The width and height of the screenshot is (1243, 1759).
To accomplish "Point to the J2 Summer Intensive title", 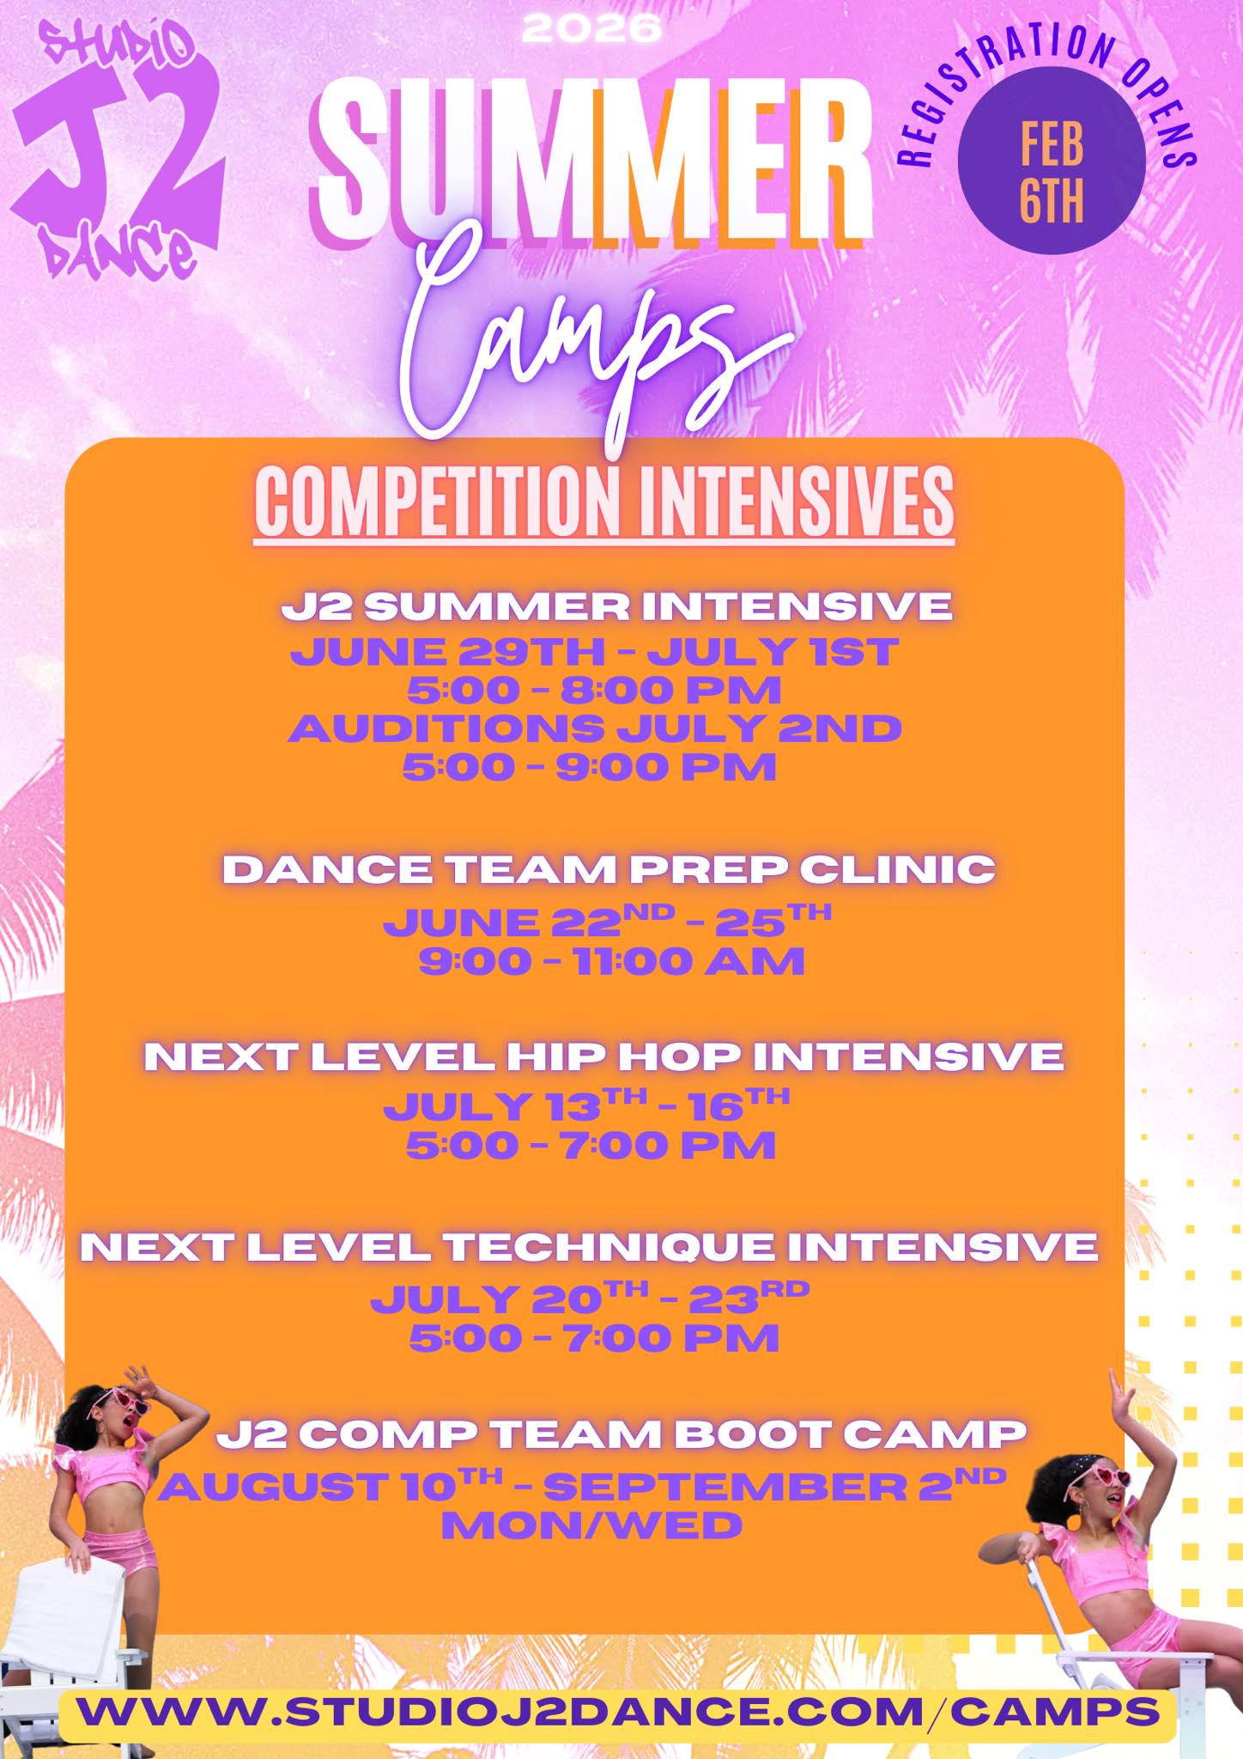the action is point(616,607).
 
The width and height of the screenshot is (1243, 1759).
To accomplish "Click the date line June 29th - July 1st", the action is point(594,652).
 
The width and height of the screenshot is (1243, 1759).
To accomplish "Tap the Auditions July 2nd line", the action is point(595,728).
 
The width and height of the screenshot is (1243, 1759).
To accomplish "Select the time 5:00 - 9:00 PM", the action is point(590,766).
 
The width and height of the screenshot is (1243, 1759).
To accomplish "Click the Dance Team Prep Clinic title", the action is point(609,869).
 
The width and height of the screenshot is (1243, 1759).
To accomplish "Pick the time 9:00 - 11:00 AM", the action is point(611,960).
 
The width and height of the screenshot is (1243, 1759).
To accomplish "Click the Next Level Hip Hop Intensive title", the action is point(603,1056).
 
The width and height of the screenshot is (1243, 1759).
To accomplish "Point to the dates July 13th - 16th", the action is point(586,1105).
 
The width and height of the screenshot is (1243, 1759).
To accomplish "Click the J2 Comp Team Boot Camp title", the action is point(621,1433).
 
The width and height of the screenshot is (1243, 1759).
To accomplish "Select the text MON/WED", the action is point(591,1525).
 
